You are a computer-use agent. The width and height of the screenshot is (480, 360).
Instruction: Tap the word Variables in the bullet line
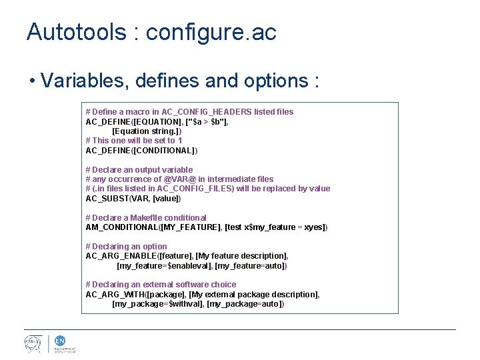click(84, 81)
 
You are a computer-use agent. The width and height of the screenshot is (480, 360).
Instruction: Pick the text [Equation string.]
click(147, 131)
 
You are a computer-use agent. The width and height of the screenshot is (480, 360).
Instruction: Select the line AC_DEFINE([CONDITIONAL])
click(141, 151)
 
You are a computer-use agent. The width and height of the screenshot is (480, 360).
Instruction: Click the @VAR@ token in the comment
click(180, 179)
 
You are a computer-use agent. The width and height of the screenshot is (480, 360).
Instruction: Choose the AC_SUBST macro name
click(107, 199)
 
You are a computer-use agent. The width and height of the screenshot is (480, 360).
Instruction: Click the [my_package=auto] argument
click(246, 304)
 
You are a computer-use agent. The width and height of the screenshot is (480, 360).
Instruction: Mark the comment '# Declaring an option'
click(127, 247)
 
